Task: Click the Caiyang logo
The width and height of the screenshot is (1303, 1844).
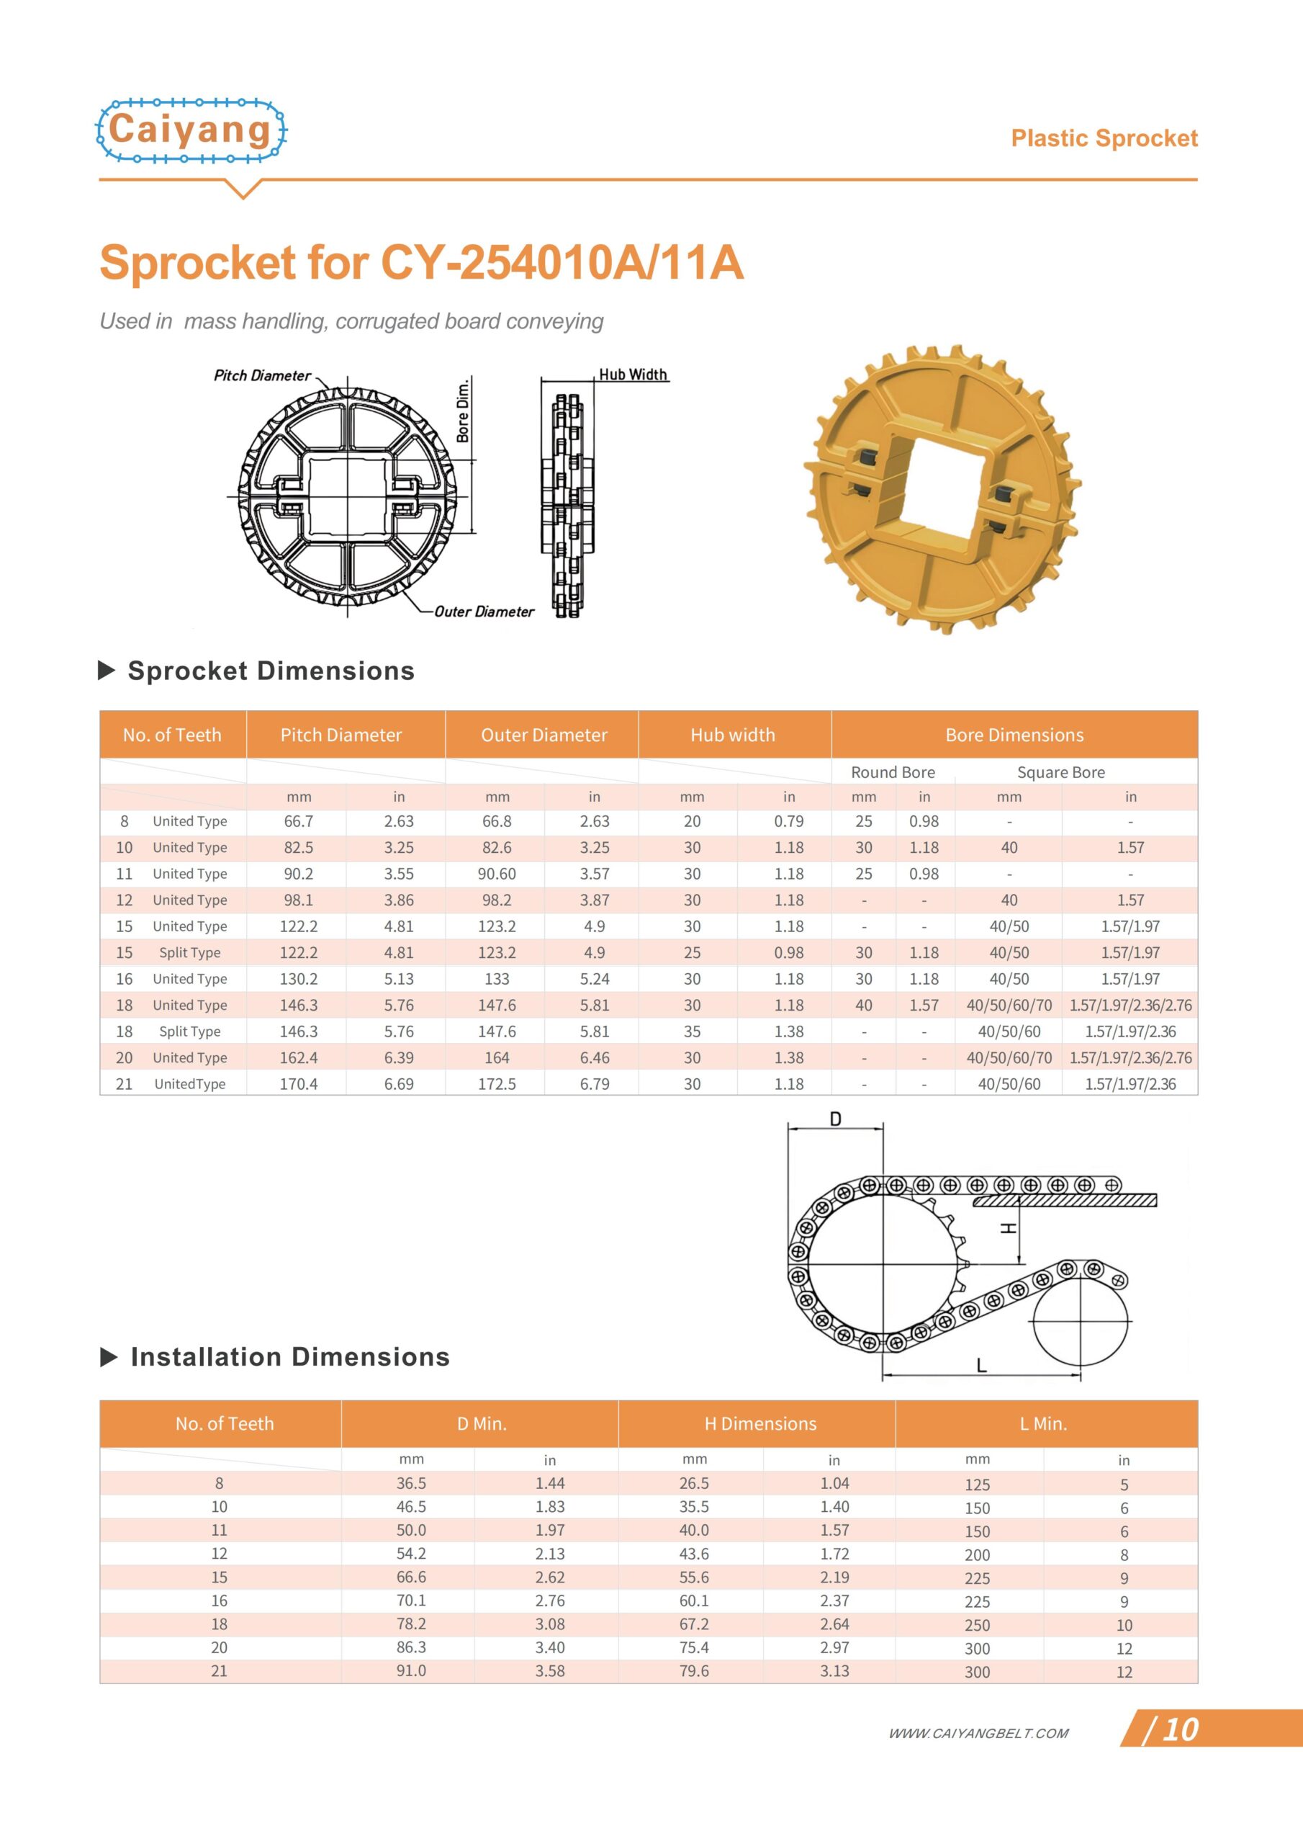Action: coord(191,131)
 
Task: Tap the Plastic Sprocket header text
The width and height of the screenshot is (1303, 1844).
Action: coord(1104,138)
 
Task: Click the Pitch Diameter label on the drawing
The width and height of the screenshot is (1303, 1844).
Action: coord(262,375)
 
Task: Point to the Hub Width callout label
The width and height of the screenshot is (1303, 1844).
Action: coord(633,375)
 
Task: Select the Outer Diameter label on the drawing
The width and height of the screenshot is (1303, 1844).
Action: coord(484,612)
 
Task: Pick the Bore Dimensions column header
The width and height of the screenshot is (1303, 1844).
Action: coord(1014,735)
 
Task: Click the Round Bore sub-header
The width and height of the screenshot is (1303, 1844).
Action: coord(893,771)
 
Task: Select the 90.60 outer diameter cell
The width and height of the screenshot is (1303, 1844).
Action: coord(497,874)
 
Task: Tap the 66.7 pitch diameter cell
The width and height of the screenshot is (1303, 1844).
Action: coord(299,821)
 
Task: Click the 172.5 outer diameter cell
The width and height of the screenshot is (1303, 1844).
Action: coord(497,1083)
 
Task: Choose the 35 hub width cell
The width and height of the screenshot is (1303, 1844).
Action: coord(692,1031)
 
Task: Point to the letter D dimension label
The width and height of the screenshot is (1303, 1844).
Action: coord(836,1119)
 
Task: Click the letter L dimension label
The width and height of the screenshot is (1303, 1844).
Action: coord(981,1364)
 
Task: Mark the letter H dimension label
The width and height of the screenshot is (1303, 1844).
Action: coord(1009,1228)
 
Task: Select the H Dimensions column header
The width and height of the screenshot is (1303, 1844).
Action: coord(759,1424)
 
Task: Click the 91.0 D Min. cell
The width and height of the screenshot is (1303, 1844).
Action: coord(411,1670)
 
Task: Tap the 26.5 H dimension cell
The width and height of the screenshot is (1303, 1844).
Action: coord(695,1482)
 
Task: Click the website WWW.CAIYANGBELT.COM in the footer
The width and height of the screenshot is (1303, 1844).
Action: coord(978,1733)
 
